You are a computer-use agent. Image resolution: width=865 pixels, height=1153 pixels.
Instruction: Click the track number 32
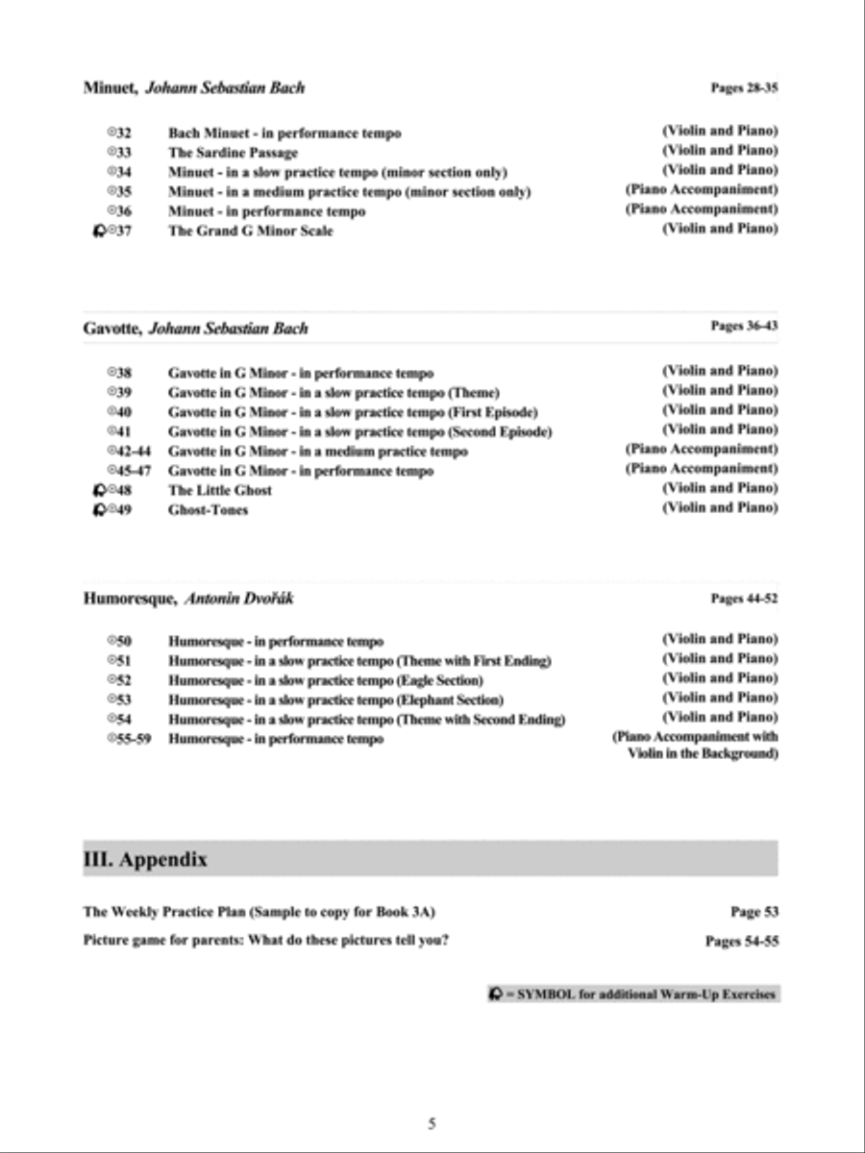[123, 133]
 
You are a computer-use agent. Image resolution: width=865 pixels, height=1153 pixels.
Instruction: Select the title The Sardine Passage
[233, 153]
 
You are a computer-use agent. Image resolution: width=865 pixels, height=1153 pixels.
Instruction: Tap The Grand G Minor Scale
[250, 231]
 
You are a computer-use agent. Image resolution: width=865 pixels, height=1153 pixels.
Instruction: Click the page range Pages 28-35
[744, 88]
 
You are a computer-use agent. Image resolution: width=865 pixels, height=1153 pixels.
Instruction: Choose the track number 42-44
[134, 451]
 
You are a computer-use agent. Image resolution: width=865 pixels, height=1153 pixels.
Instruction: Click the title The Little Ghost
[219, 490]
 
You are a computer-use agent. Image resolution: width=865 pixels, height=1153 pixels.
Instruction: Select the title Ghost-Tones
[208, 510]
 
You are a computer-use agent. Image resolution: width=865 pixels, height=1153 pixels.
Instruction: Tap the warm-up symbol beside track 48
[98, 490]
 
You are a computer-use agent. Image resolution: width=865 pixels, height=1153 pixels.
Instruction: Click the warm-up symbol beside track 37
[98, 231]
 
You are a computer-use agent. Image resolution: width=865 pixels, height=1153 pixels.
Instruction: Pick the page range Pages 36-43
[744, 327]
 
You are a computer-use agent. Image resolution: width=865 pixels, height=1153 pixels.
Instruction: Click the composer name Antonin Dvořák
[239, 599]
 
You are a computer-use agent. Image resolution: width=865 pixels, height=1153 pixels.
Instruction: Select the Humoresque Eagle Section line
[325, 680]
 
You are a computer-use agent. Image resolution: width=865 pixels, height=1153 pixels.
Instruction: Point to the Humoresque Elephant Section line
[335, 700]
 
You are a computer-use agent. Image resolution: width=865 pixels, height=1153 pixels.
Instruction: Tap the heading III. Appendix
[145, 860]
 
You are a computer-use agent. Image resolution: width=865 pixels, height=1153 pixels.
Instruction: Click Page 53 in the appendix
[754, 912]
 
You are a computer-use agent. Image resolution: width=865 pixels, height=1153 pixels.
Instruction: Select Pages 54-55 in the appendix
[742, 942]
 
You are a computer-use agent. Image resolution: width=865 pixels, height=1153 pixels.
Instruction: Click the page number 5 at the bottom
[432, 1123]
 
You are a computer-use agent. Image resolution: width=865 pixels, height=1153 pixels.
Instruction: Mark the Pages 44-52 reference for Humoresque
[744, 599]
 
